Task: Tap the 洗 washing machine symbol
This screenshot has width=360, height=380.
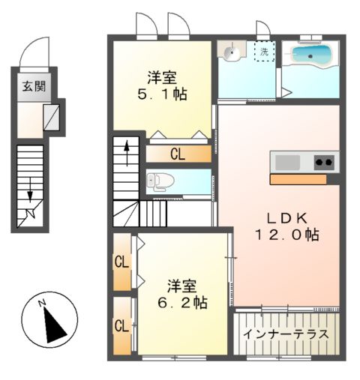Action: pos(264,52)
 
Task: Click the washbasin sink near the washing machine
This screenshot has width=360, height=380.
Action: pos(232,53)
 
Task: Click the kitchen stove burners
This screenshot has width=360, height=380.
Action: pos(324,161)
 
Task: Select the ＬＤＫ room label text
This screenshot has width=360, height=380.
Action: pos(284,218)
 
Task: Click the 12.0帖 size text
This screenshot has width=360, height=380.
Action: pos(285,235)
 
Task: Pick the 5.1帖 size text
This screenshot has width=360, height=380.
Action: pos(161,94)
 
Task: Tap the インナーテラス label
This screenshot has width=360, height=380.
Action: pos(286,334)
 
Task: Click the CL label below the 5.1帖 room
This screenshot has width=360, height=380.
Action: pos(177,155)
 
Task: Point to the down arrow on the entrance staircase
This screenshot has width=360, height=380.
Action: pos(30,191)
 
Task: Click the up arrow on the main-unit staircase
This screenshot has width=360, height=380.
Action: pos(127,153)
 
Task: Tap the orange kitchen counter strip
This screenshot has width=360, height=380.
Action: pos(298,180)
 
